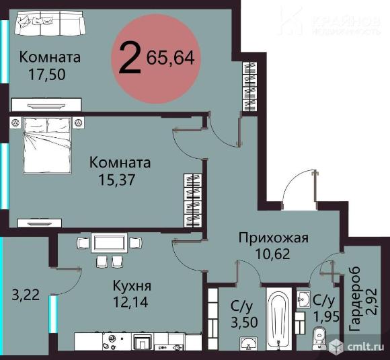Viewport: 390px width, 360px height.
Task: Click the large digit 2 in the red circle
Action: (130, 59)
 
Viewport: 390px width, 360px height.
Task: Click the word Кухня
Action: (131, 285)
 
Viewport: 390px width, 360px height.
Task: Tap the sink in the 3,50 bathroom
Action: (249, 344)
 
